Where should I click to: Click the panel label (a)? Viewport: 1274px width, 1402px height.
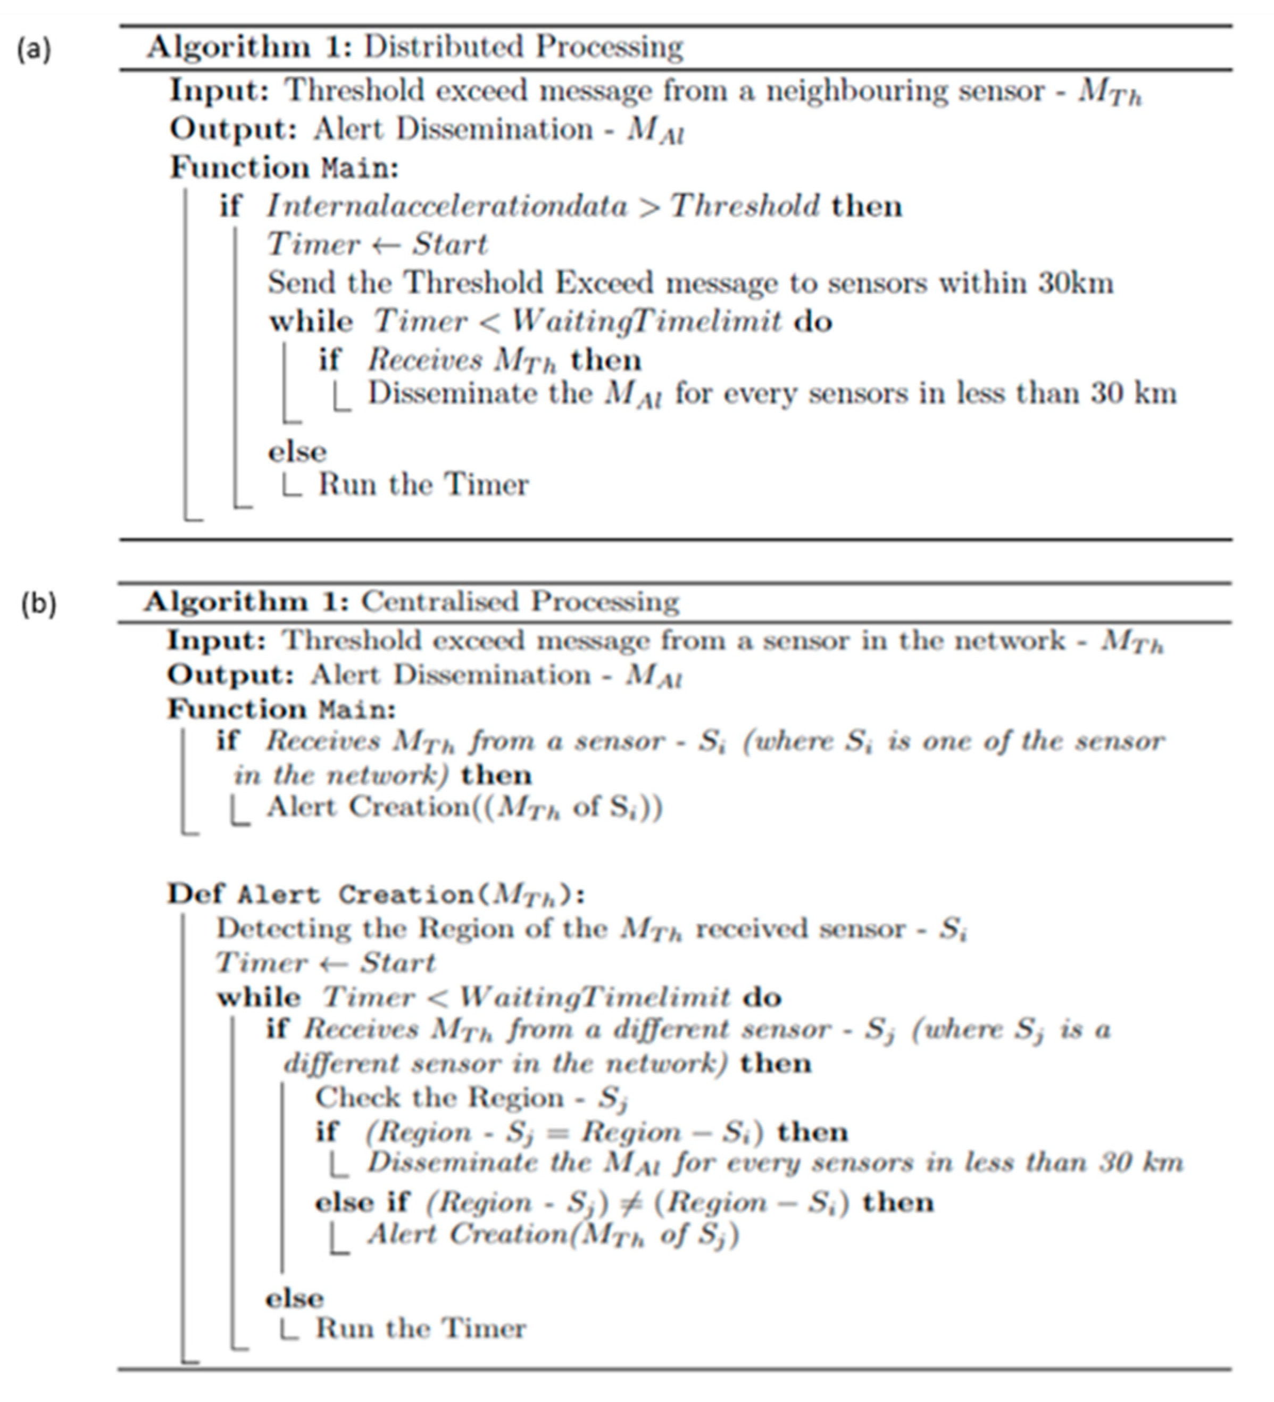[x=34, y=49]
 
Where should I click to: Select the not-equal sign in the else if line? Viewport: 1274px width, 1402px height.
[x=631, y=1202]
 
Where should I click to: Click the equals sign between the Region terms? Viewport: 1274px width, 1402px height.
[x=557, y=1133]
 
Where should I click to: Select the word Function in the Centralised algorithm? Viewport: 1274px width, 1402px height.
[x=236, y=709]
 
